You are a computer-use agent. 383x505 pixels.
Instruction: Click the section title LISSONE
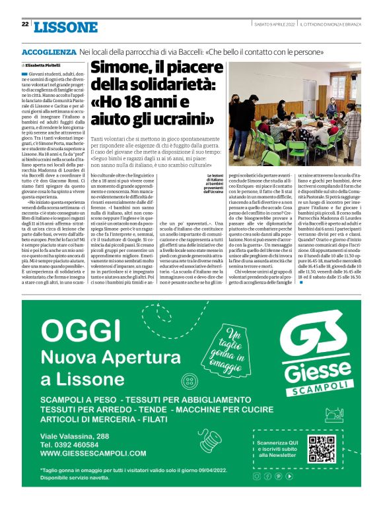coord(65,27)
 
